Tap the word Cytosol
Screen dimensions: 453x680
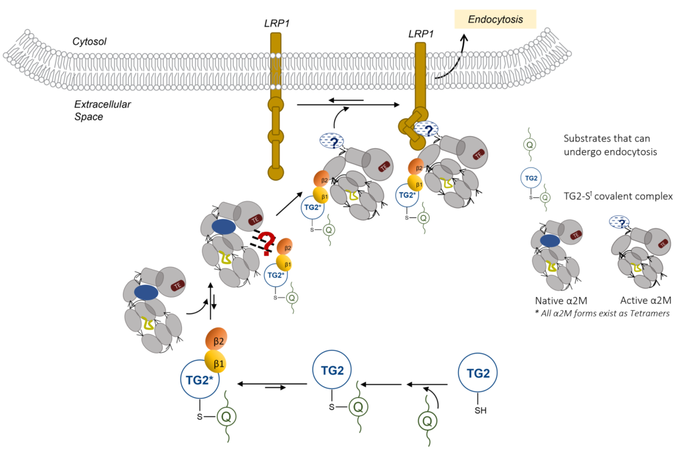90,42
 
